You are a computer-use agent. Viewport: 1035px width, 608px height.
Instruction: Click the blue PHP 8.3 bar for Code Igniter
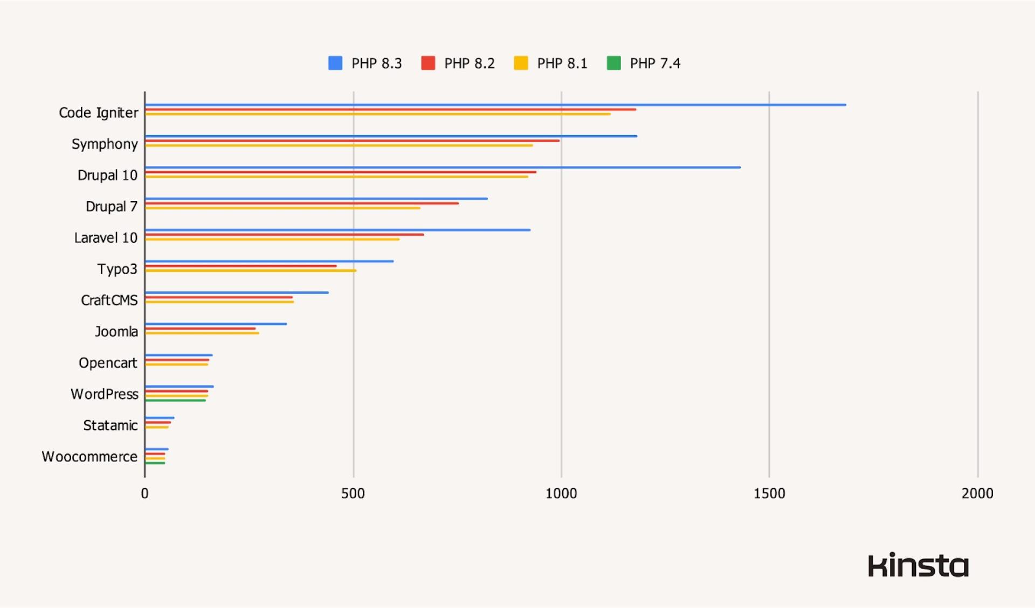(x=495, y=105)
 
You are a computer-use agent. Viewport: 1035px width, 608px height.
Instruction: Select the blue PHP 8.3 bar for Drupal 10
(x=443, y=167)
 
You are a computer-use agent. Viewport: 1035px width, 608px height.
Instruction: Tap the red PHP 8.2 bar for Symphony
(x=352, y=141)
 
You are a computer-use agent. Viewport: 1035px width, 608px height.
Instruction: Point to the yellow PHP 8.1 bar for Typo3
(x=251, y=271)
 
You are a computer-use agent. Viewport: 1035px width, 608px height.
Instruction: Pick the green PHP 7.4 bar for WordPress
(x=175, y=401)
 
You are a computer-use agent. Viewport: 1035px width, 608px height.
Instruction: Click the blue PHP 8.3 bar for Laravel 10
(x=337, y=230)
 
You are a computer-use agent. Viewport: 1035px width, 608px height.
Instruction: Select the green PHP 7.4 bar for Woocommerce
(x=155, y=463)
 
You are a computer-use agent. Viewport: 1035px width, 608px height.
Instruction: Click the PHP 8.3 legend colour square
(x=335, y=63)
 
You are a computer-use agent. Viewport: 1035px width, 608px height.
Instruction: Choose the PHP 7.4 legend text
(x=655, y=64)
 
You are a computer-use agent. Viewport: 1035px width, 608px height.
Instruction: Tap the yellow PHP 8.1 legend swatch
(x=521, y=63)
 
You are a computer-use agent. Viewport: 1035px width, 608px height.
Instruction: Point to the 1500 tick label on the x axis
(x=769, y=493)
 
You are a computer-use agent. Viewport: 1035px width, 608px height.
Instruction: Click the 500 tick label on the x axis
(x=353, y=493)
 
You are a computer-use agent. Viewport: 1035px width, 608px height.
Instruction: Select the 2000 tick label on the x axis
(x=977, y=493)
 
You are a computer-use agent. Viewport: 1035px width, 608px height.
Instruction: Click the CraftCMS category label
(x=109, y=300)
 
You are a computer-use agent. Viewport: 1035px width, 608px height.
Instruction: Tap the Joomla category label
(x=116, y=331)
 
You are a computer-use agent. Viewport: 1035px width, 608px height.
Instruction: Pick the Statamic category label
(x=111, y=425)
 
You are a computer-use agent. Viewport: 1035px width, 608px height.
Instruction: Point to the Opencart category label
(x=108, y=363)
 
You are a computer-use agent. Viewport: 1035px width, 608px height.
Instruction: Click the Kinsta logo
(x=918, y=565)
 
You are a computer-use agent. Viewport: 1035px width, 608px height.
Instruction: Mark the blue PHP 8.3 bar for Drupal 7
(x=316, y=199)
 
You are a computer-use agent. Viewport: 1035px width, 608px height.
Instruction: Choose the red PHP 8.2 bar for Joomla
(x=200, y=329)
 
